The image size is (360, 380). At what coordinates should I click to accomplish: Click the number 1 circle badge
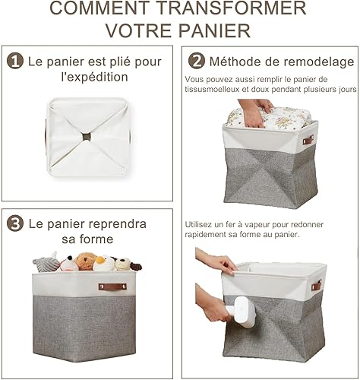tap(15, 61)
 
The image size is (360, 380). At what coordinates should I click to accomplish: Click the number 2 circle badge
tap(197, 61)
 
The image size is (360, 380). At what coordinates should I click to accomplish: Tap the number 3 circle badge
tap(15, 223)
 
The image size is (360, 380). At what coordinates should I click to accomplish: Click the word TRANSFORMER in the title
tap(232, 8)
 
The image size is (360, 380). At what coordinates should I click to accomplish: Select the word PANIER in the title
tap(215, 30)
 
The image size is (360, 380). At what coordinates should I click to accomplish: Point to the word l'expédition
tap(95, 77)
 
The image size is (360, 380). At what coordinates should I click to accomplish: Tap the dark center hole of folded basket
tap(87, 137)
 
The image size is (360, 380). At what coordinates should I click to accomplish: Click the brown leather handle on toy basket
tap(112, 287)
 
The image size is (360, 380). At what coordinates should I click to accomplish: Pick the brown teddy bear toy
tap(86, 261)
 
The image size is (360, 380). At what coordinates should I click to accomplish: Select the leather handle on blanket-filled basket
tap(308, 140)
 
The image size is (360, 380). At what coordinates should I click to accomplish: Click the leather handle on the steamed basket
tap(316, 286)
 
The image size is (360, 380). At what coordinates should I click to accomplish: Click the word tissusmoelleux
tap(212, 90)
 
